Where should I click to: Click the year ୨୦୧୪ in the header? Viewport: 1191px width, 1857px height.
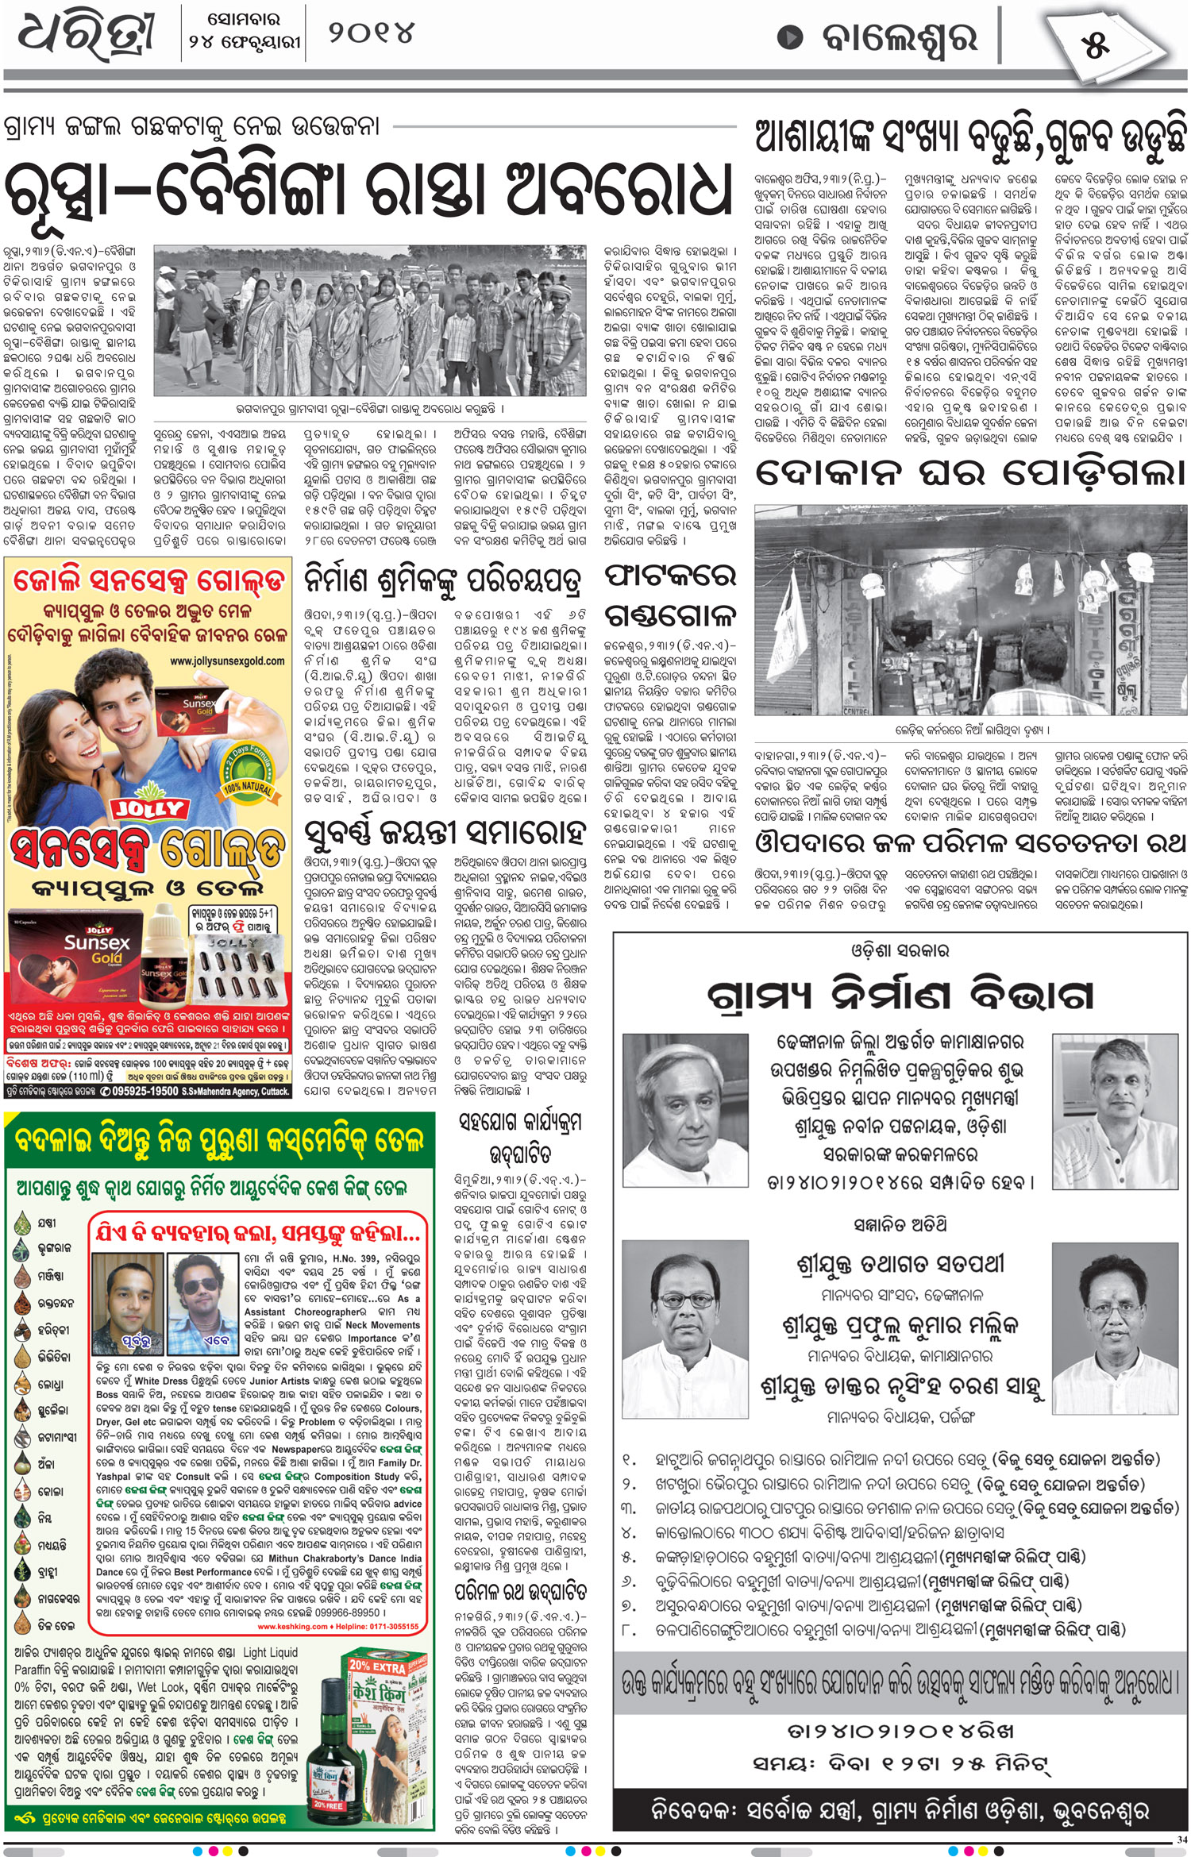coord(372,34)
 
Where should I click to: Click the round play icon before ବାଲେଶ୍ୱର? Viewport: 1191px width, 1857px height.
coord(789,37)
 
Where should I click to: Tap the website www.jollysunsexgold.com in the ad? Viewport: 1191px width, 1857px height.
coord(227,661)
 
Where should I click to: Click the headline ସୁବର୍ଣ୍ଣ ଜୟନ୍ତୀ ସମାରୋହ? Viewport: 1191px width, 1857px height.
coord(445,834)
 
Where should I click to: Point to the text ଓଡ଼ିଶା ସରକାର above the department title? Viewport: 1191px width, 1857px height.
coord(900,950)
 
